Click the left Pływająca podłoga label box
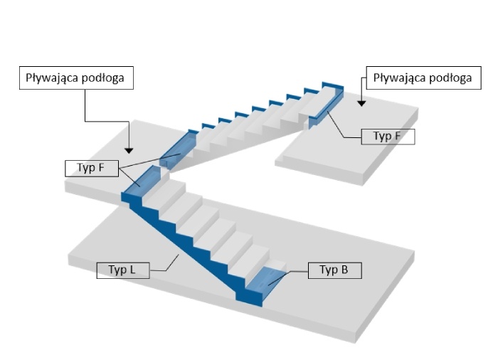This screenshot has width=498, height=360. (76, 78)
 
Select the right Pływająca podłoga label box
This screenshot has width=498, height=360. (424, 78)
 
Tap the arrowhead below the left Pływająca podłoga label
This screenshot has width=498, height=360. (129, 151)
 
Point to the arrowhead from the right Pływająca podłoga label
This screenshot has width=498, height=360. (361, 103)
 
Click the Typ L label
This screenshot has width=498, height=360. (123, 270)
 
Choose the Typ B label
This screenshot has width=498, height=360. (335, 270)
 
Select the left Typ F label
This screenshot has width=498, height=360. (92, 169)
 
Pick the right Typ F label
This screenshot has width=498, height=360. (388, 137)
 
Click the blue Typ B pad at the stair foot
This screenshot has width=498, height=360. (265, 281)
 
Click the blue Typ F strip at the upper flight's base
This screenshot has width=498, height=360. (177, 149)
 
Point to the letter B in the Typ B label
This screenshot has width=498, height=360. (344, 270)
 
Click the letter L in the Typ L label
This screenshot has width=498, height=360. (132, 270)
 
